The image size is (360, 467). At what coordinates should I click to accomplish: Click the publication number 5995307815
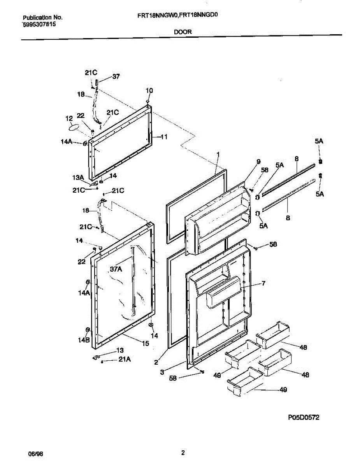(39, 24)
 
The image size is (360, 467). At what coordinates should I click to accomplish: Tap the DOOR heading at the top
(183, 32)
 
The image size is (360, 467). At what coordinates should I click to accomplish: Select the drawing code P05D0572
(304, 417)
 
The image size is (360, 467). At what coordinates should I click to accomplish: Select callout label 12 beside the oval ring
(69, 118)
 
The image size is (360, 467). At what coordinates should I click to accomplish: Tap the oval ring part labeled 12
(74, 127)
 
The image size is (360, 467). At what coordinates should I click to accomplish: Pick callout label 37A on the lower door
(116, 268)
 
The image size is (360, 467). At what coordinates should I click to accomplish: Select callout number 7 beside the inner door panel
(263, 283)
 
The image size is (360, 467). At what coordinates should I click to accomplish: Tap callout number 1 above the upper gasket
(218, 154)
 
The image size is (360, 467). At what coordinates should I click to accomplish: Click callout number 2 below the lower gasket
(156, 362)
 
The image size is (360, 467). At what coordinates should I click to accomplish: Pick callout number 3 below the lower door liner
(162, 372)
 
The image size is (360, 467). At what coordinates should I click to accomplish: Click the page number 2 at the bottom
(183, 453)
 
